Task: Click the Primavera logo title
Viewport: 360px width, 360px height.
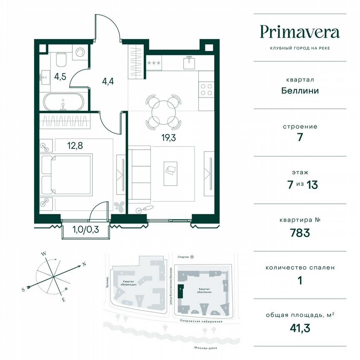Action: (300, 32)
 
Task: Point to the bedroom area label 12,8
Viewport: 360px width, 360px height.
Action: (75, 146)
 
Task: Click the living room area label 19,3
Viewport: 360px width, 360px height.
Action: (169, 138)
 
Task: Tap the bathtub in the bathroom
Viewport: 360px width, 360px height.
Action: (63, 102)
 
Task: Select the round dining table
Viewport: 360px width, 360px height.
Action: (163, 111)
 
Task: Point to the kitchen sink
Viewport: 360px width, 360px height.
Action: (190, 62)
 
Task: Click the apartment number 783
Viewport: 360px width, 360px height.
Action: (300, 233)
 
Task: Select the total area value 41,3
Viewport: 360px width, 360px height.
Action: (300, 328)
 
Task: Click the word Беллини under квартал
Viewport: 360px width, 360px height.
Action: (300, 90)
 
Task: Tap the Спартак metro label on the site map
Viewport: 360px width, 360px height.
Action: (182, 257)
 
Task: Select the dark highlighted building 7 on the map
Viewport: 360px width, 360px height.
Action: (180, 290)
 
